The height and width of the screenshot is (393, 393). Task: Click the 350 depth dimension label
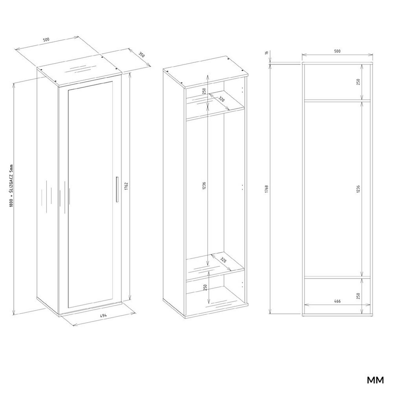pos(141,54)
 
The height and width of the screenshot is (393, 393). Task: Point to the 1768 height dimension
pos(267,189)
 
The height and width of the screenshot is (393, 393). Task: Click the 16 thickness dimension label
pos(267,52)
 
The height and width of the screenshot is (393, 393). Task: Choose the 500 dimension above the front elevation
pos(337,51)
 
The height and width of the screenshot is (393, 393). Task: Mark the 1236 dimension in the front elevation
pos(358,189)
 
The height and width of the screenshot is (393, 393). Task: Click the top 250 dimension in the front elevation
pos(358,82)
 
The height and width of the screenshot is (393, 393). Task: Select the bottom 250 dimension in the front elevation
pos(358,296)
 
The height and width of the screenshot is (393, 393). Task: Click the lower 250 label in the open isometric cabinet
pos(205,287)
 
